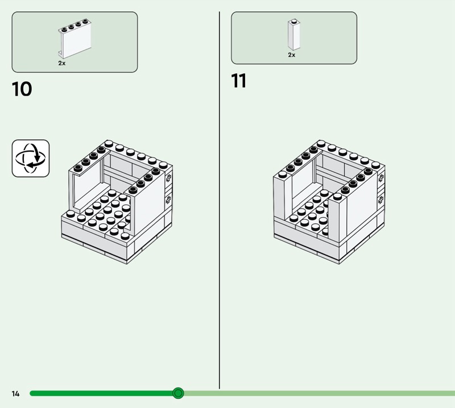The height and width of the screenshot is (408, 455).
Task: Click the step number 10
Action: coord(22,89)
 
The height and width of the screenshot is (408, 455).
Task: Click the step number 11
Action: coord(239,81)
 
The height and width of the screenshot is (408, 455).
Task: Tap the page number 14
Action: coord(16,393)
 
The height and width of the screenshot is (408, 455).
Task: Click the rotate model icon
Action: coord(31,159)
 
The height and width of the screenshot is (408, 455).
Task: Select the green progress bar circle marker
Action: coord(178,393)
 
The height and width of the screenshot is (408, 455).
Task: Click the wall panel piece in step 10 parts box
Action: coord(75,39)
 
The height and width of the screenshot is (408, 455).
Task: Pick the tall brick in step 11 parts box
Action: coord(294,35)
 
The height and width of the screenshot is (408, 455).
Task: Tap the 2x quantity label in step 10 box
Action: coord(62,63)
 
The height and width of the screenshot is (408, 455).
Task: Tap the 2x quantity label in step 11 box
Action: coord(292,55)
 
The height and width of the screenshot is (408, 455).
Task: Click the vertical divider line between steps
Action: coord(220,200)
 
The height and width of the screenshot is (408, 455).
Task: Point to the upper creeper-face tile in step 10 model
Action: coord(168,178)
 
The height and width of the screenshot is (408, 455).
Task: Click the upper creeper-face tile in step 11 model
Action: coord(381,178)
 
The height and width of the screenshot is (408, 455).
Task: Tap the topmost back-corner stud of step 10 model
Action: coord(109,143)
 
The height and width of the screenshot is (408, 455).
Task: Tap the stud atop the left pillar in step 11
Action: coord(283,174)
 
